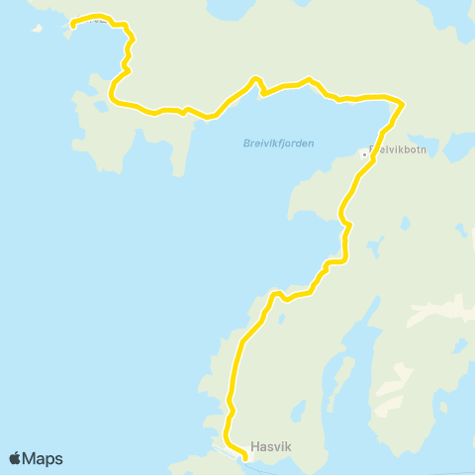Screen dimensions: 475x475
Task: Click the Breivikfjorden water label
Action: point(278,143)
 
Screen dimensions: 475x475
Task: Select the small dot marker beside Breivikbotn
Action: point(364,153)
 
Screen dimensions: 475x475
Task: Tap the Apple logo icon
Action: point(16,458)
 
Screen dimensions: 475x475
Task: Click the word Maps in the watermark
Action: point(44,458)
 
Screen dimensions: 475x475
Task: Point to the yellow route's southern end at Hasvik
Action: point(245,457)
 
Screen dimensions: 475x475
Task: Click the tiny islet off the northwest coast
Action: point(39,28)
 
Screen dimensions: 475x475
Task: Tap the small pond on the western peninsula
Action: point(81,97)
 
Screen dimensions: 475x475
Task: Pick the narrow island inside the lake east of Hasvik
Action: point(347,377)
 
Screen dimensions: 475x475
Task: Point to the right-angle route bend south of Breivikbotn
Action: point(345,259)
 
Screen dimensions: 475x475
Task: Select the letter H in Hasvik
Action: point(255,445)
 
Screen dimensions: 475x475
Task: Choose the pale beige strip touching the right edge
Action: point(450,310)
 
